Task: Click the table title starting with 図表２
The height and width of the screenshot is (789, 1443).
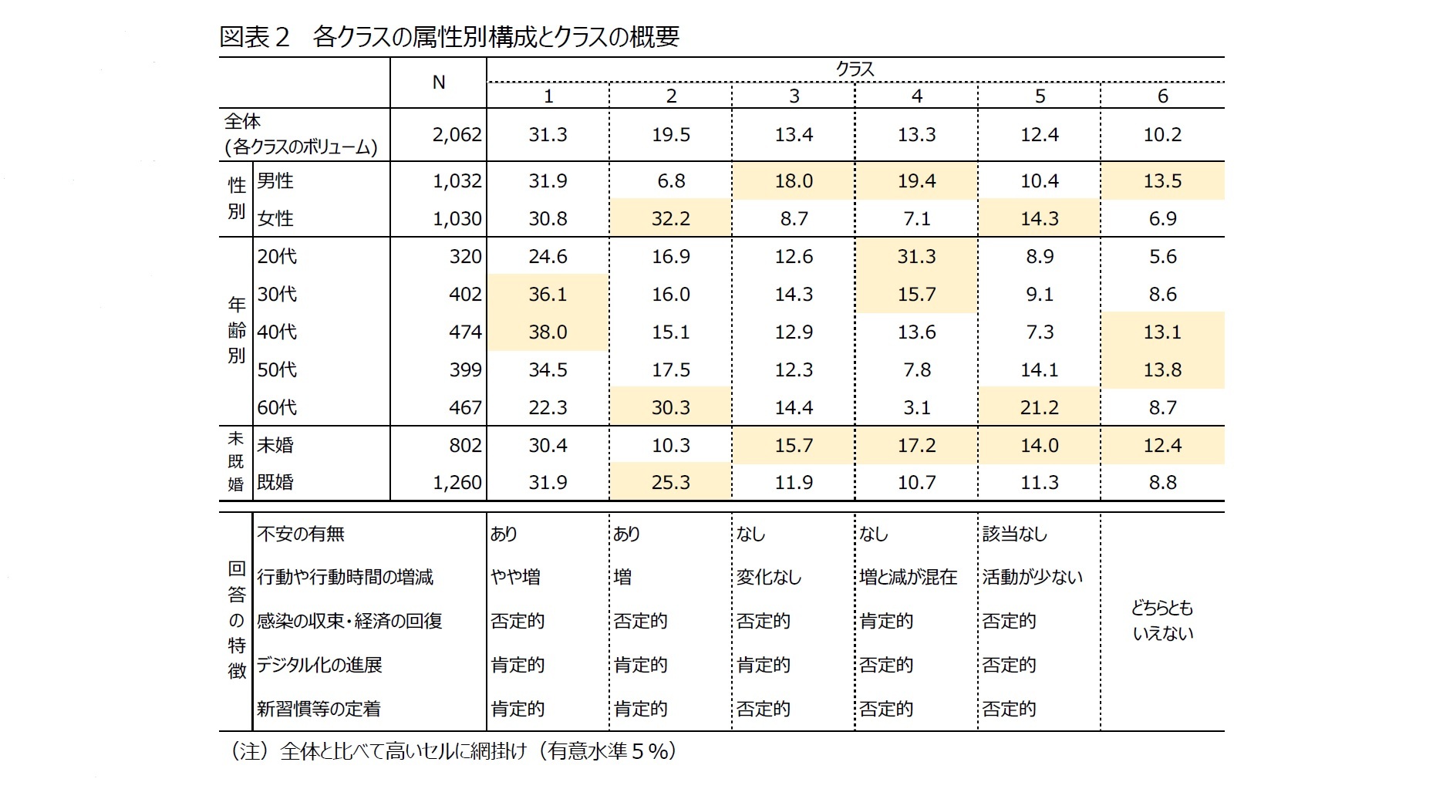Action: [x=449, y=37]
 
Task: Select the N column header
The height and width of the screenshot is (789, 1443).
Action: [x=438, y=83]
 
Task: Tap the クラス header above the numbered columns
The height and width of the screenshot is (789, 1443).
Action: [x=855, y=69]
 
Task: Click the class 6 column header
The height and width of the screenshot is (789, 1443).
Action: [x=1162, y=96]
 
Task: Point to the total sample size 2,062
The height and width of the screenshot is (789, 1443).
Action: [x=457, y=135]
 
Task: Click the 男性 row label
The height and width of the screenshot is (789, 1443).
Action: [x=275, y=180]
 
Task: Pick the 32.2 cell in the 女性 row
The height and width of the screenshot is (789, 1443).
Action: [x=670, y=218]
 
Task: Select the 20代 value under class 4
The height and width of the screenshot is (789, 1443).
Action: [x=916, y=256]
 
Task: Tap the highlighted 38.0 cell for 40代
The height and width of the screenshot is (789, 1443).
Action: [x=548, y=332]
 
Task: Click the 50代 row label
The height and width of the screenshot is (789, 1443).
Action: [x=277, y=369]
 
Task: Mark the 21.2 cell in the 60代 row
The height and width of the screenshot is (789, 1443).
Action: [x=1039, y=407]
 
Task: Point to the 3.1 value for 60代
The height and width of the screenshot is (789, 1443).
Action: [x=916, y=407]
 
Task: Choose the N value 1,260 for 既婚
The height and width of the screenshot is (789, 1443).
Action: [x=457, y=483]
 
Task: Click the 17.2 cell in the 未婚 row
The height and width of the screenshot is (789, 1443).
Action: [x=916, y=445]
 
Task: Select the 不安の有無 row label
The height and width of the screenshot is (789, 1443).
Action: [x=301, y=534]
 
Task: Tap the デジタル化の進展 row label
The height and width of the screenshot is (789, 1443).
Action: [x=319, y=665]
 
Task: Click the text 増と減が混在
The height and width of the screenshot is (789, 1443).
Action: [x=909, y=577]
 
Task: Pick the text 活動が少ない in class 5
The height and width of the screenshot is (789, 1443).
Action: [x=1032, y=577]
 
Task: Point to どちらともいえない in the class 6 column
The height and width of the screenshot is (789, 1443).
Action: [x=1162, y=621]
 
